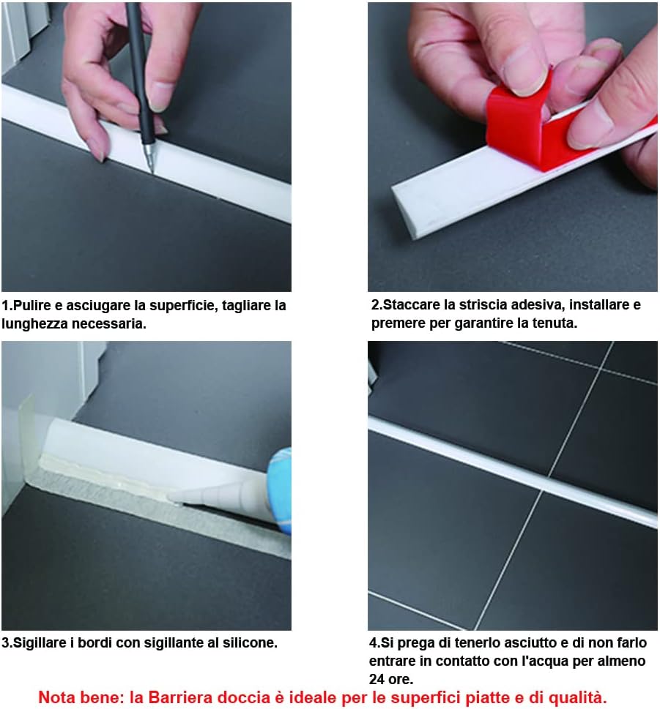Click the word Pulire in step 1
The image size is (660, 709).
[x=31, y=306]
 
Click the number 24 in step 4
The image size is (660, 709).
[x=377, y=679]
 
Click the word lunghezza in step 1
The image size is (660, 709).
[x=35, y=324]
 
